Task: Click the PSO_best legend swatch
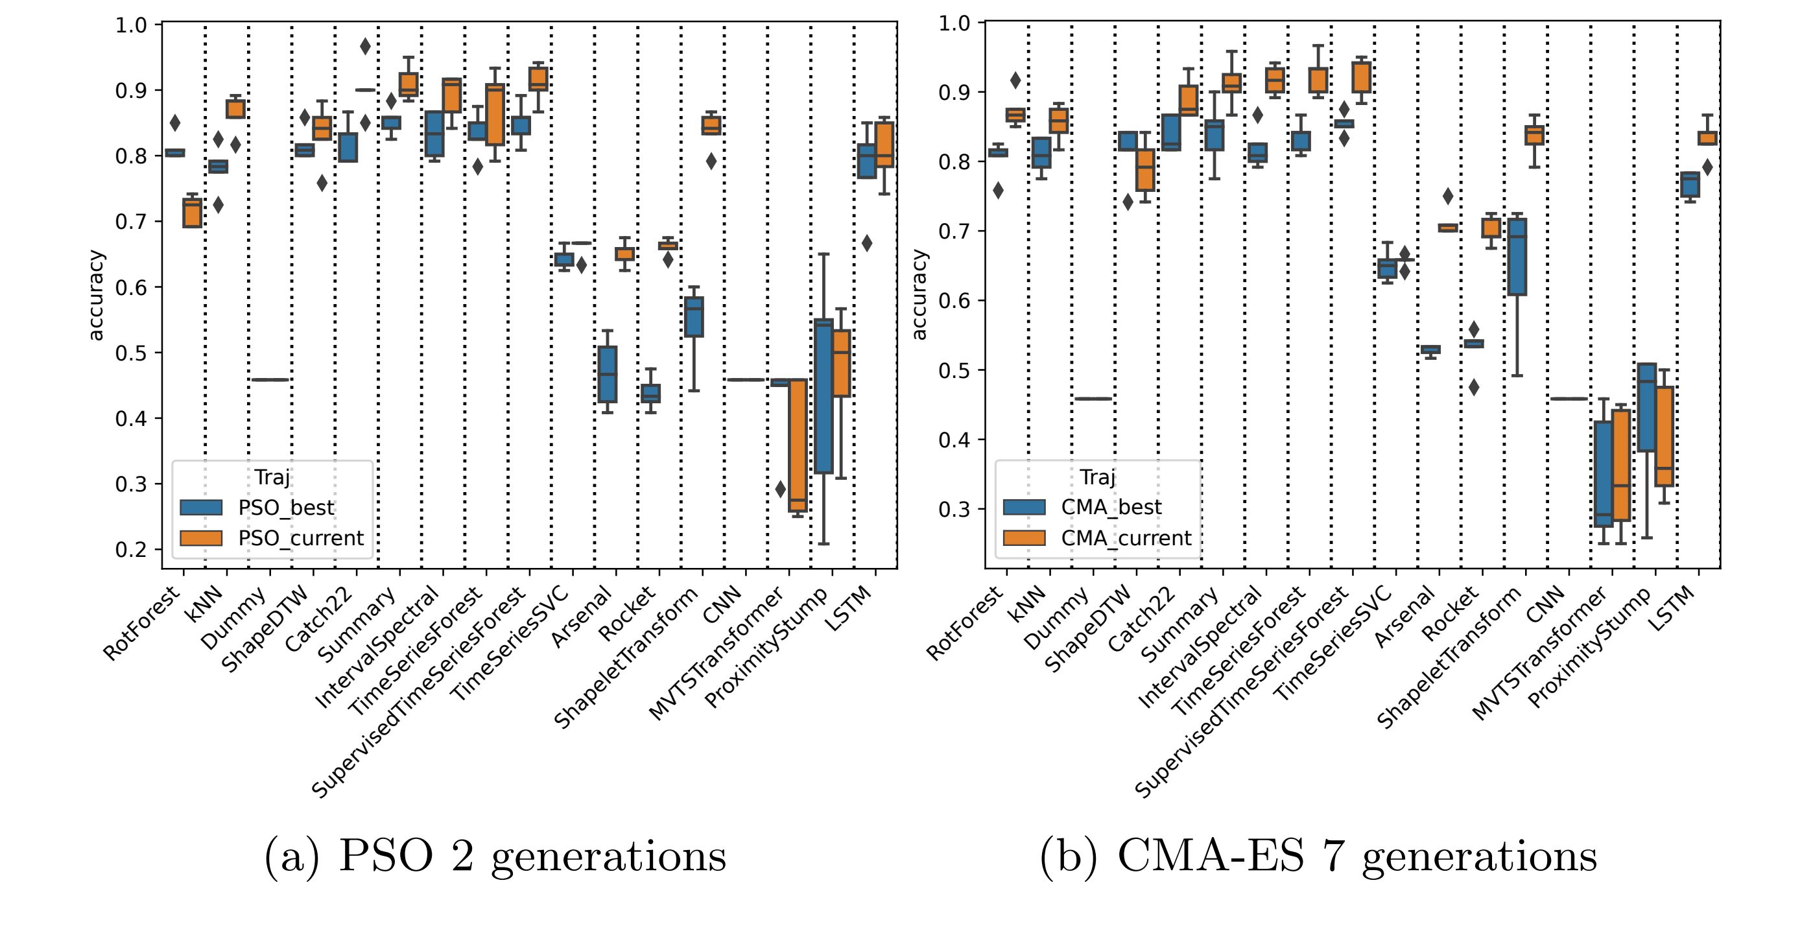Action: point(201,508)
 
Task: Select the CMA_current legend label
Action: point(1126,539)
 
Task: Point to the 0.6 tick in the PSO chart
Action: point(131,287)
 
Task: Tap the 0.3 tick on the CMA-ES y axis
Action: point(954,510)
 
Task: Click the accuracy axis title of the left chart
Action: point(96,296)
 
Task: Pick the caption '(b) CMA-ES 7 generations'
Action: point(1318,856)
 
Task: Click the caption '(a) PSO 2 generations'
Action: point(495,856)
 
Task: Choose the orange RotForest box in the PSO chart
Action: point(192,213)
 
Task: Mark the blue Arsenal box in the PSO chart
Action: point(608,374)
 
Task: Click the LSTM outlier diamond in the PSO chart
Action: point(867,243)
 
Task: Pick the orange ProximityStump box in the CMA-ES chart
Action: point(1664,436)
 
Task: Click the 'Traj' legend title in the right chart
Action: point(1097,477)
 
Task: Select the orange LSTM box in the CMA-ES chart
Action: point(1707,138)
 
